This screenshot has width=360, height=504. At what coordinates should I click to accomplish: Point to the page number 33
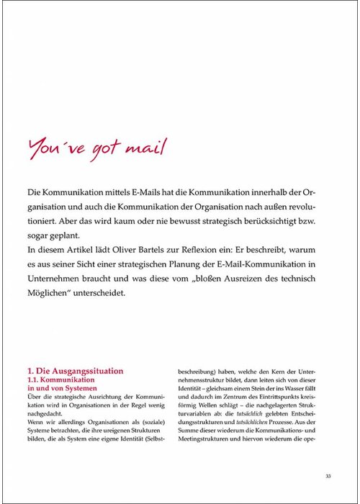click(x=328, y=476)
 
